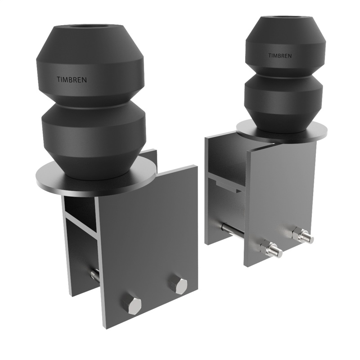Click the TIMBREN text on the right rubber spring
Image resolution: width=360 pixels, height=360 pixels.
[x=280, y=56]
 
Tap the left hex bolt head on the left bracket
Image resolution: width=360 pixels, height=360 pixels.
[x=134, y=305]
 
